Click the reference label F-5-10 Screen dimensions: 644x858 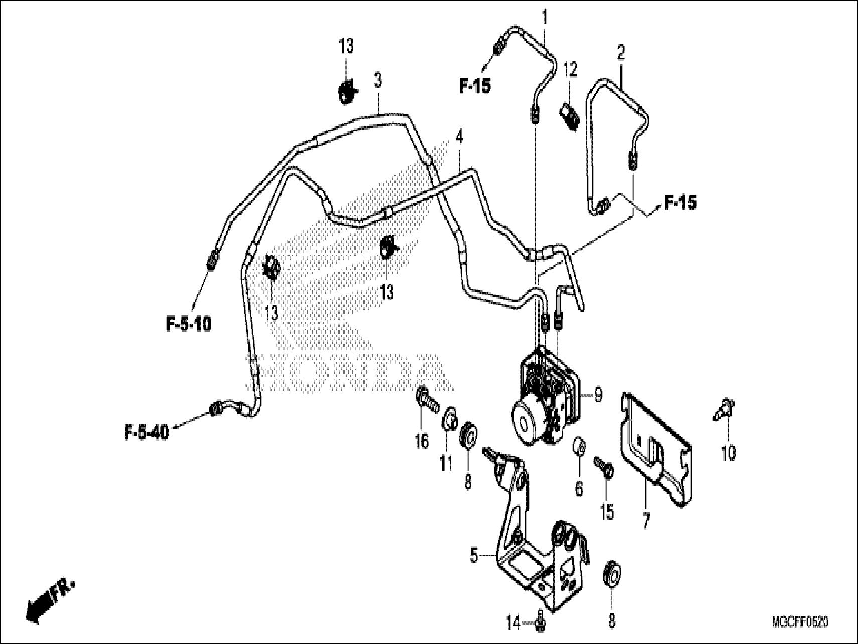pyautogui.click(x=189, y=324)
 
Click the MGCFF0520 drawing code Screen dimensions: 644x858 pyautogui.click(x=800, y=623)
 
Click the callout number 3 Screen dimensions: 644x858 pyautogui.click(x=377, y=80)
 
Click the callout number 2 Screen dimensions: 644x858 pyautogui.click(x=621, y=52)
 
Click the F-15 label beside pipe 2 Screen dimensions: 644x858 pyautogui.click(x=680, y=203)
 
